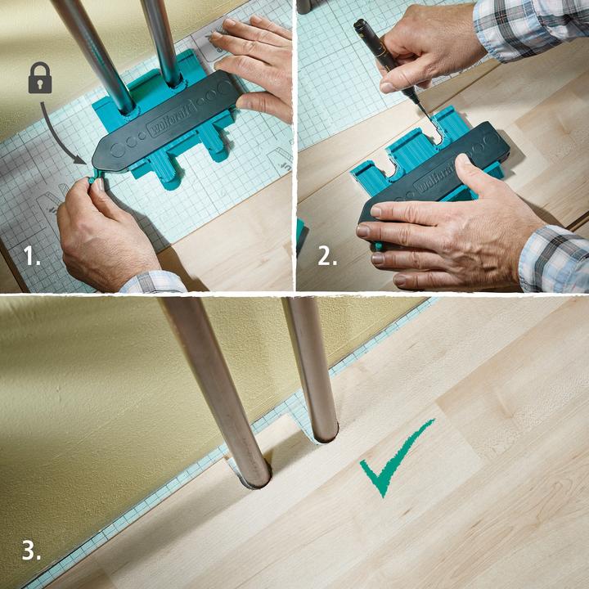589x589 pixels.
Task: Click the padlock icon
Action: pyautogui.click(x=40, y=78)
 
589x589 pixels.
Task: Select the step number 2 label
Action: pyautogui.click(x=326, y=256)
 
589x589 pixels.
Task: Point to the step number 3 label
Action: pyautogui.click(x=31, y=551)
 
